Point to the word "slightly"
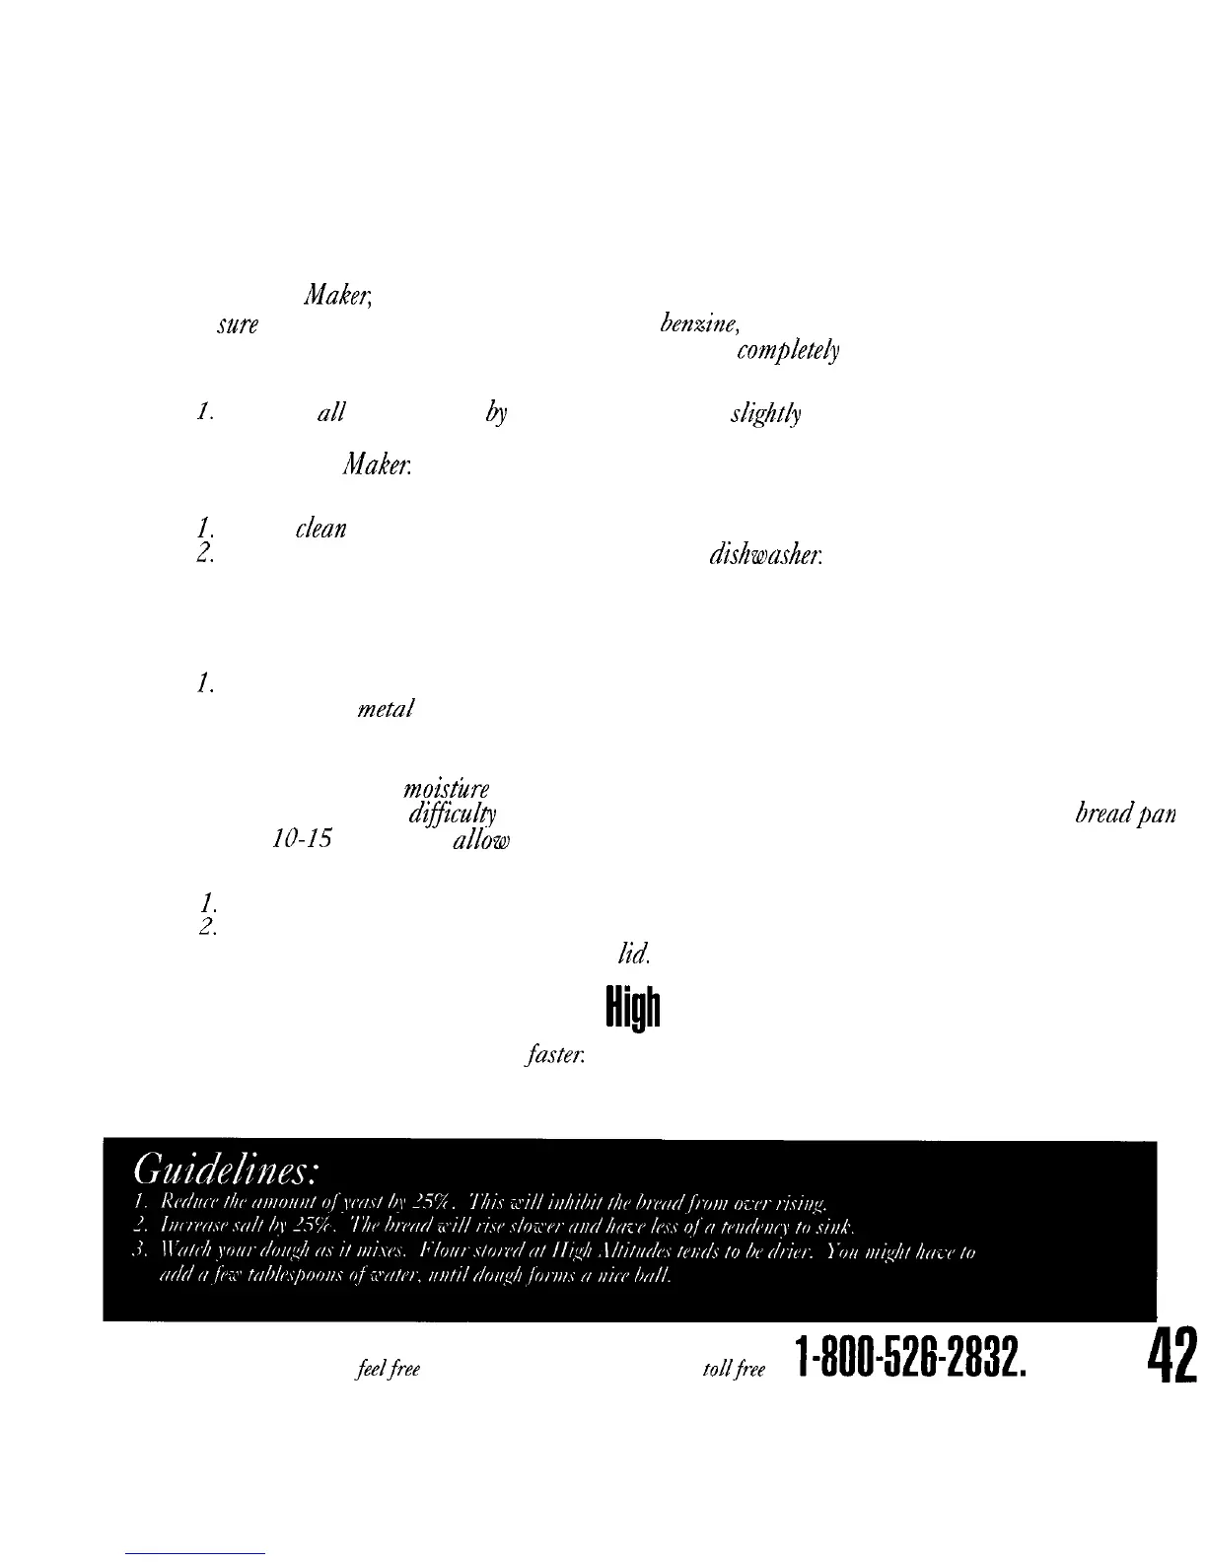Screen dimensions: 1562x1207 pos(765,415)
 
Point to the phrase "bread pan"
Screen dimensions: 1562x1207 pos(1125,816)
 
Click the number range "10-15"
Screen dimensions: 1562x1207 pos(301,839)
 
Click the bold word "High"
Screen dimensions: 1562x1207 pos(631,1008)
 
